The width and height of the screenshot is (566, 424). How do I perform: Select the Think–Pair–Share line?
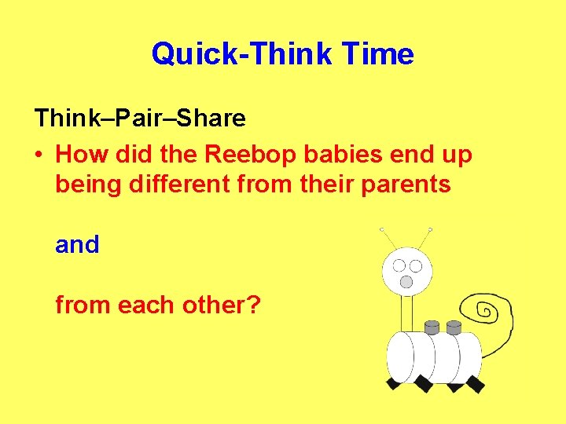point(140,119)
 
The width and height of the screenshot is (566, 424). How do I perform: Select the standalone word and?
point(77,245)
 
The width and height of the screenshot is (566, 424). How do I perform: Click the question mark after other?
point(253,304)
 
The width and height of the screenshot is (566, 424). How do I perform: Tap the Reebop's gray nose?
point(406,281)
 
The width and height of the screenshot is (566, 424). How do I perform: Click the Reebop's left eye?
point(399,266)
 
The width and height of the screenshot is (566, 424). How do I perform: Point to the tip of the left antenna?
point(382,229)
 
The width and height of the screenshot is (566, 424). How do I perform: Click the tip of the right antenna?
point(432,229)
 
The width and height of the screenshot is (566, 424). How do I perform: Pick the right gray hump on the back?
point(453,326)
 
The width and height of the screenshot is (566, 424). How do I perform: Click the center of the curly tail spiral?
point(486,313)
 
